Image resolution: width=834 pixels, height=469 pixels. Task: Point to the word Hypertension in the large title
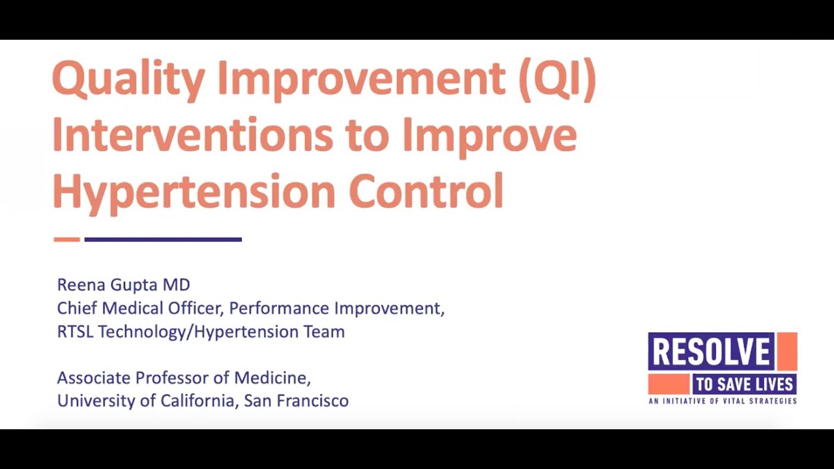(194, 192)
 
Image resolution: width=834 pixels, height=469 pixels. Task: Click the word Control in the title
(427, 190)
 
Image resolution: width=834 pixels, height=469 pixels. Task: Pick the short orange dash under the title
(67, 239)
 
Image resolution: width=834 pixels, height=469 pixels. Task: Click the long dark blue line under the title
(163, 239)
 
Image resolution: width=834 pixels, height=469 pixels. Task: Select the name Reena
(81, 285)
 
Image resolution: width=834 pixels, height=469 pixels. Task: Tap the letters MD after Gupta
(177, 285)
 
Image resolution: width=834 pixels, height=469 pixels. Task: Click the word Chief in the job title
(77, 308)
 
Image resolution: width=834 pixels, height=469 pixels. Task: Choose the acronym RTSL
(75, 332)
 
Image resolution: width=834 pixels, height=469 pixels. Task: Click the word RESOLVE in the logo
(712, 351)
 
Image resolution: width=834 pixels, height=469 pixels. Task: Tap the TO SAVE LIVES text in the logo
(744, 384)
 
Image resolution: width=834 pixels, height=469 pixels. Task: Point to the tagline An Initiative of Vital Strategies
(723, 401)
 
